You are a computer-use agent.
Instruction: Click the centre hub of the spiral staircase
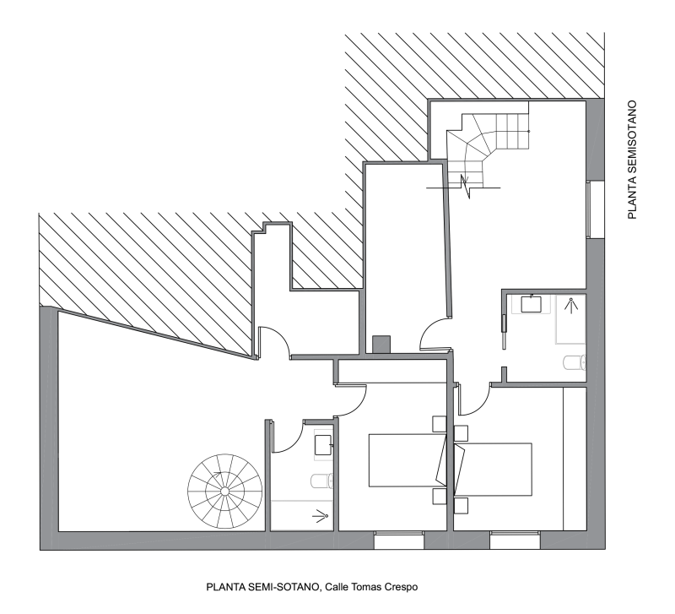point(224,492)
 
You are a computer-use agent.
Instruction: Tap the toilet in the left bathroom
point(322,481)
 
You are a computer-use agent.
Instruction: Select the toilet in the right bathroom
point(575,362)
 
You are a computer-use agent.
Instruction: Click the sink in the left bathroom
point(323,445)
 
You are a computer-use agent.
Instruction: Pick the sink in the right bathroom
point(532,304)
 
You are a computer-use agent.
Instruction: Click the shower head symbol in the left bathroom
point(320,516)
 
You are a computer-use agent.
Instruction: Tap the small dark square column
point(381,345)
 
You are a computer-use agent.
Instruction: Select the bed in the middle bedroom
point(408,460)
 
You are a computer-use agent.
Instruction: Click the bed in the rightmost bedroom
point(494,469)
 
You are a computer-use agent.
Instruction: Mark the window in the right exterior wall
point(595,209)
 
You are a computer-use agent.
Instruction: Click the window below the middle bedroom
point(398,540)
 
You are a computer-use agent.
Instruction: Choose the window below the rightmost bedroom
point(515,540)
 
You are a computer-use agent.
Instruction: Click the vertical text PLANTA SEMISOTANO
point(631,160)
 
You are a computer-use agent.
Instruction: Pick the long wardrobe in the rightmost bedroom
point(575,459)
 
